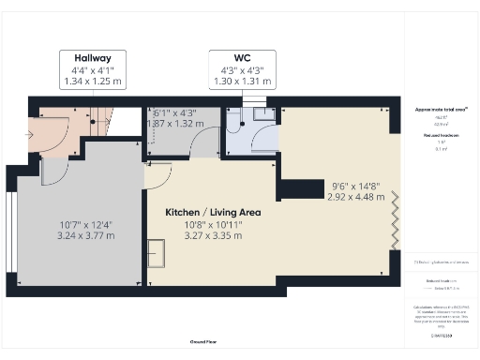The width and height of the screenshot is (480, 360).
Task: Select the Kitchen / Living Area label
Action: pyautogui.click(x=213, y=213)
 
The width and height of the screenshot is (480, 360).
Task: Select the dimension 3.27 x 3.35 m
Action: pyautogui.click(x=212, y=235)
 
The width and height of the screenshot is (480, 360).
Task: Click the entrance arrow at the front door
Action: pyautogui.click(x=33, y=134)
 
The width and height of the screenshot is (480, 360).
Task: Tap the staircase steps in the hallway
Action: pyautogui.click(x=101, y=118)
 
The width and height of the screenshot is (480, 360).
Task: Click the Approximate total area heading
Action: pyautogui.click(x=441, y=110)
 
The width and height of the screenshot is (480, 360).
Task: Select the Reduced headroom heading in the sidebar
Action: pyautogui.click(x=441, y=135)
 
